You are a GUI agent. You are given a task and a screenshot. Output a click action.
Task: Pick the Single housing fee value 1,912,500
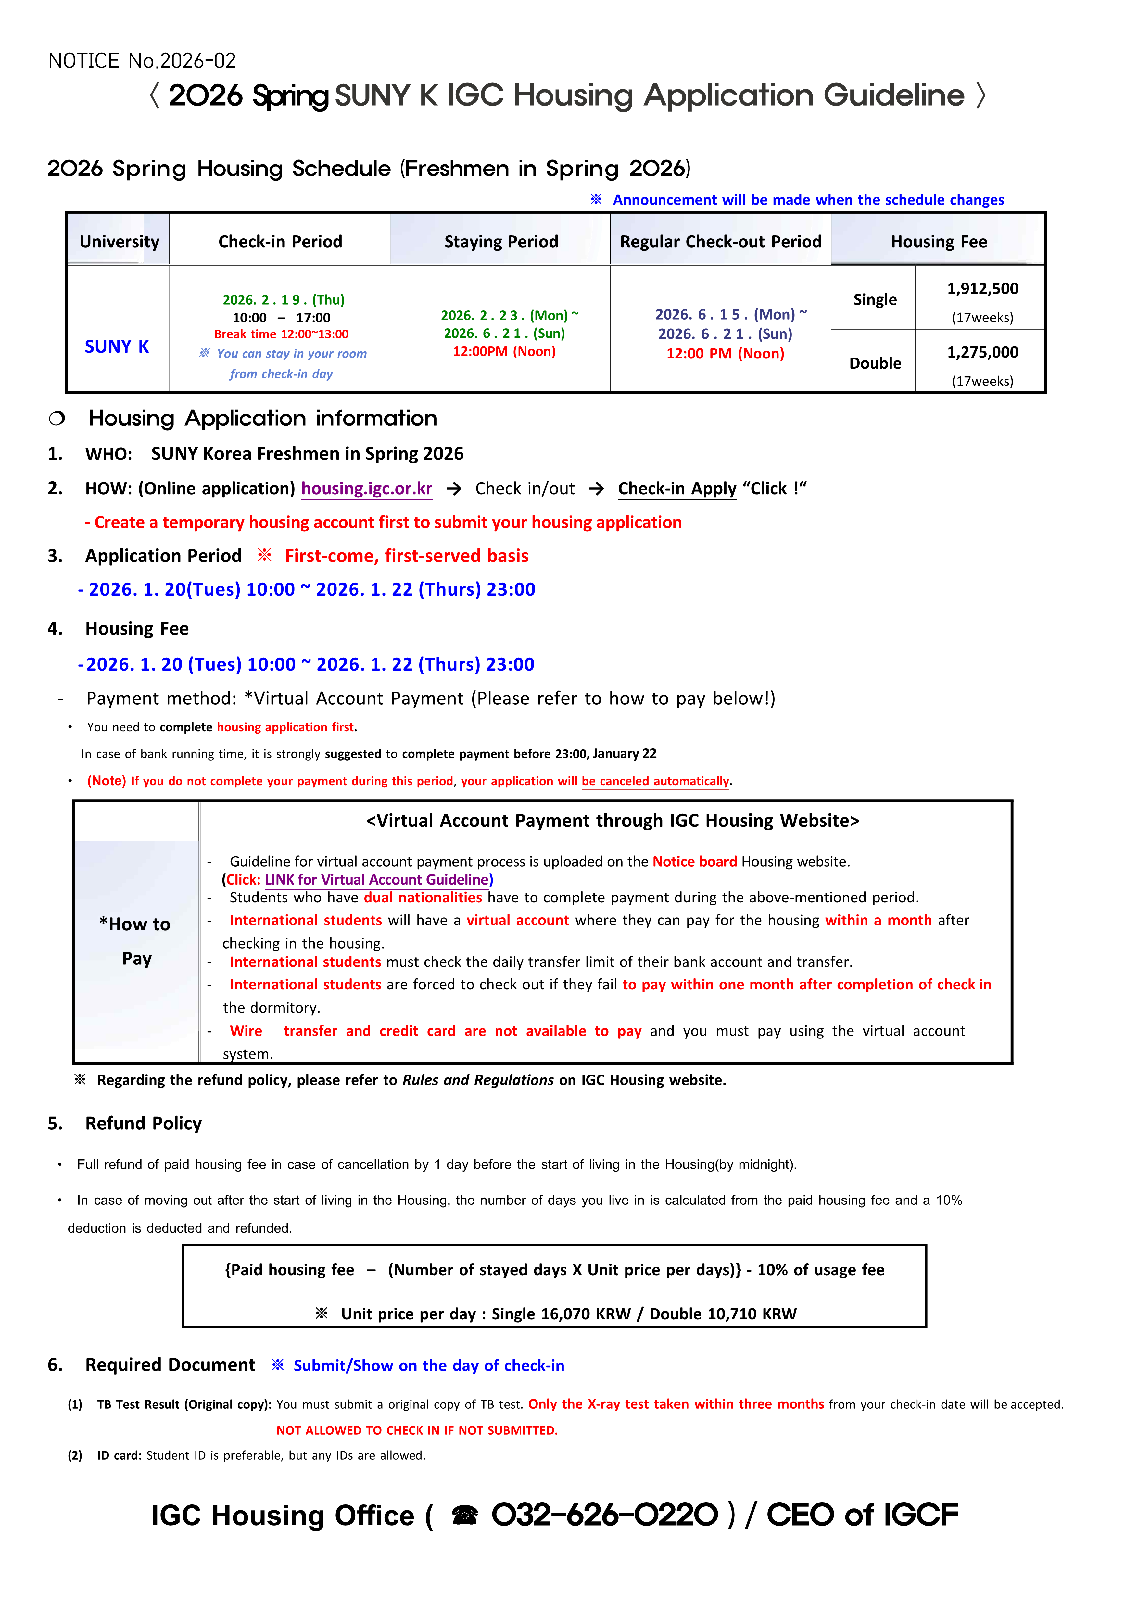(x=982, y=289)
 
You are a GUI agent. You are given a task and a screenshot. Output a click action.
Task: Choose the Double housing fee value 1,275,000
(x=982, y=353)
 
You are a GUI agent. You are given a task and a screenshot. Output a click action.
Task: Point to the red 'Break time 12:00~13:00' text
(x=281, y=334)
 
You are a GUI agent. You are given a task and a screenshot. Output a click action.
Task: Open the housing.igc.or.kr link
(x=367, y=489)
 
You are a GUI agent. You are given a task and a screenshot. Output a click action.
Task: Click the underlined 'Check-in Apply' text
(x=676, y=489)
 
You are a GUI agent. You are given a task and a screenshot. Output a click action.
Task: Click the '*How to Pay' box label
(x=135, y=941)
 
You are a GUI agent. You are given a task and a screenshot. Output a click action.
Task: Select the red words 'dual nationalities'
(x=423, y=898)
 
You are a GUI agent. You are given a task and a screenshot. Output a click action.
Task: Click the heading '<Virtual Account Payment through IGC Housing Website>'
(x=612, y=821)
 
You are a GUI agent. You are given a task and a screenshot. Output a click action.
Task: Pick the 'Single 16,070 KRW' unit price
(x=561, y=1314)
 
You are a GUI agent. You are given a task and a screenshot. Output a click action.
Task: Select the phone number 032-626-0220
(x=604, y=1515)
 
